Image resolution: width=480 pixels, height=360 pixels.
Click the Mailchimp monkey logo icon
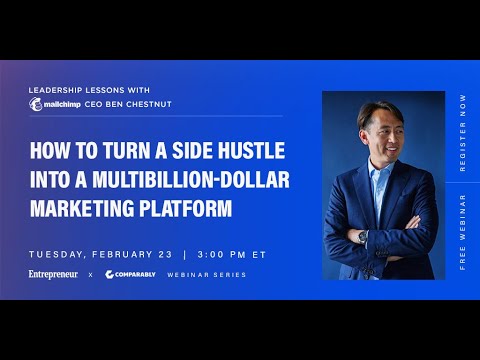[x=38, y=103]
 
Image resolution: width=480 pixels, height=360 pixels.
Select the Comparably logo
[x=131, y=274]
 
